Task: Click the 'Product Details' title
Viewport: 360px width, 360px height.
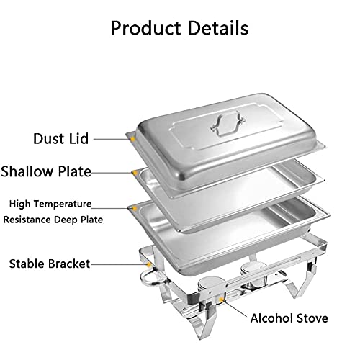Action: pyautogui.click(x=179, y=28)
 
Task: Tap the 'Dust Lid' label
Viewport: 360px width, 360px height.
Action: pyautogui.click(x=61, y=138)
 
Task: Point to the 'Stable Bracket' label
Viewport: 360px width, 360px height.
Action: pyautogui.click(x=50, y=264)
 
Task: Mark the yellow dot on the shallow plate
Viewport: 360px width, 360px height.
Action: pyautogui.click(x=135, y=173)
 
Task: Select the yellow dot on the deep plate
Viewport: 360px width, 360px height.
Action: pyautogui.click(x=135, y=210)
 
